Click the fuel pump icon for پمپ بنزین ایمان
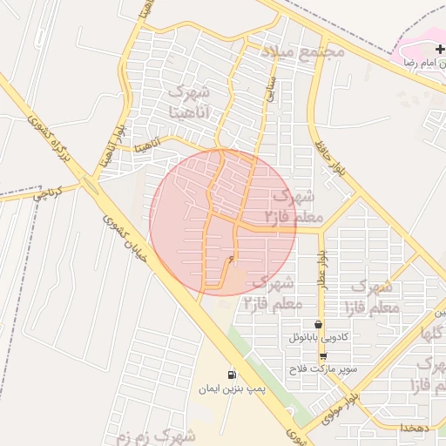(x=231, y=375)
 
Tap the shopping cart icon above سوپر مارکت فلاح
(x=323, y=355)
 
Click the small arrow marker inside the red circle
(x=231, y=259)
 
